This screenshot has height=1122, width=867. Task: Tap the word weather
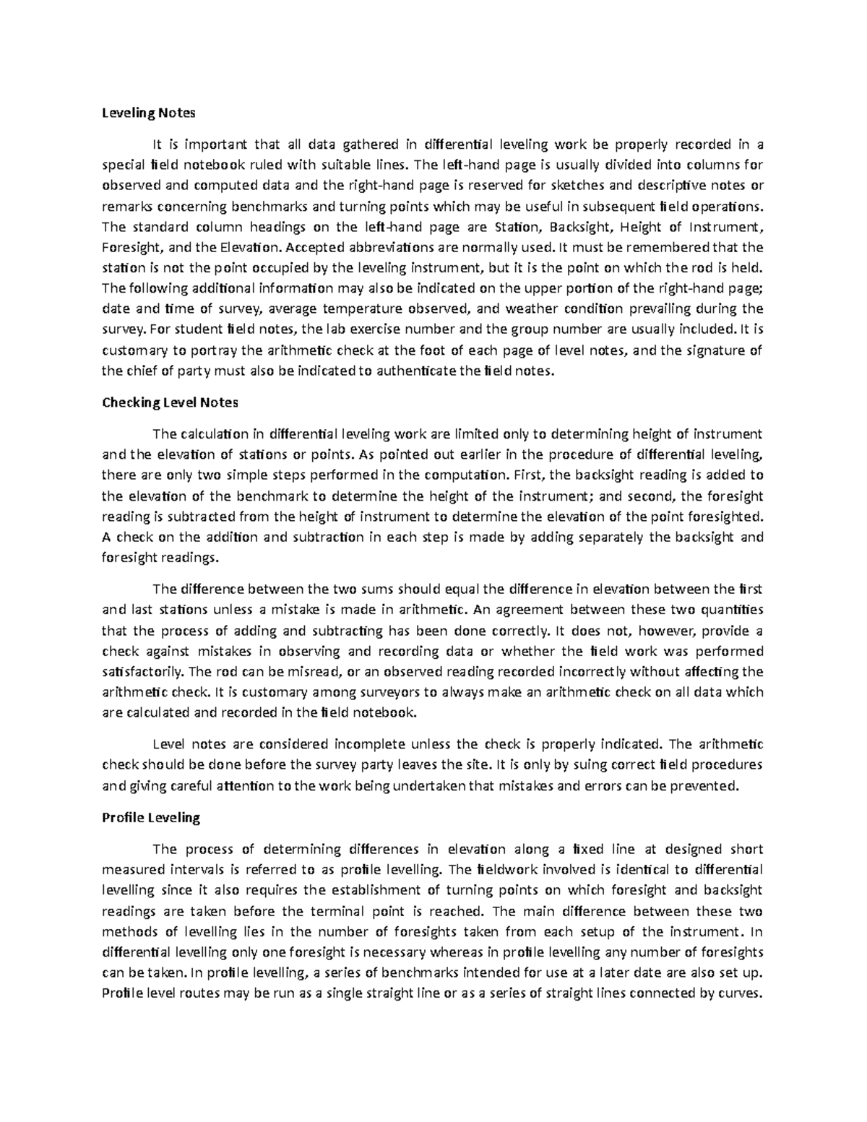(x=531, y=309)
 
